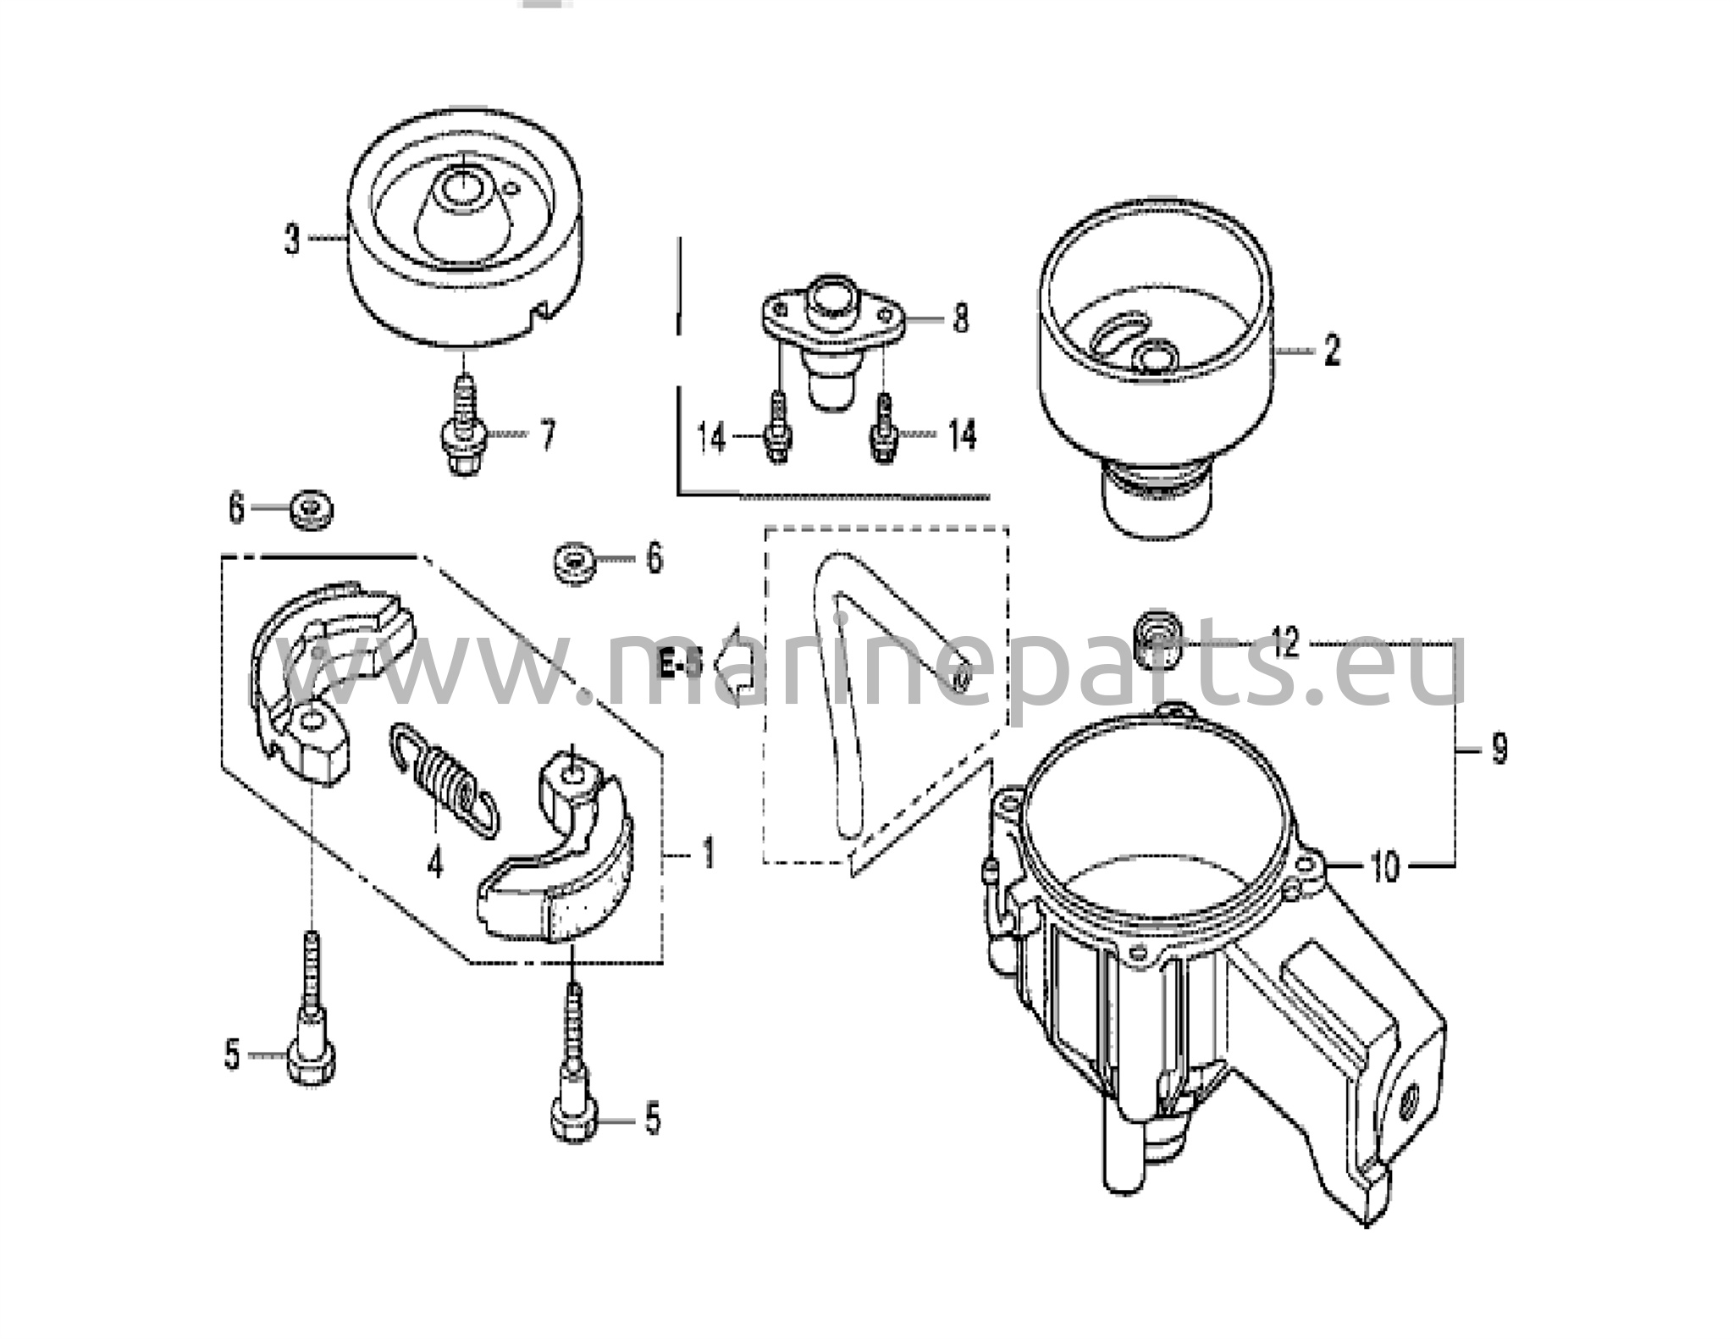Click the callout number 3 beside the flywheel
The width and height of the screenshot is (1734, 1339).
click(292, 239)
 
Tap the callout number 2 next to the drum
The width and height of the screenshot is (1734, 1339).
click(1332, 350)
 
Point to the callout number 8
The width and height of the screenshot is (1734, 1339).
click(960, 319)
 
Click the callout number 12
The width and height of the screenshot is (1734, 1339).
click(1285, 644)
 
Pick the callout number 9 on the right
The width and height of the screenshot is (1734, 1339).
click(1499, 749)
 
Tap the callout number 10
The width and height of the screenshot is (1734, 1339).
click(1385, 866)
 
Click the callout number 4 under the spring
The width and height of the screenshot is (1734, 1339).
click(434, 863)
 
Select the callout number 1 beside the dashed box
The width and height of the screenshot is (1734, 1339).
click(708, 854)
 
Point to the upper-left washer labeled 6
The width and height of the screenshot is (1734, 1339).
click(311, 510)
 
